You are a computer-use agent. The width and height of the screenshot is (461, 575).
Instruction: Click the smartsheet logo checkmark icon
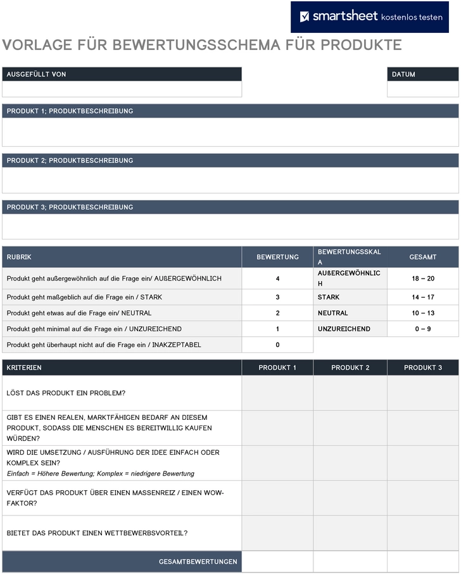[x=305, y=17]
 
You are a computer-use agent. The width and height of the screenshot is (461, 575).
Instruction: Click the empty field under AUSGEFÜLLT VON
[x=122, y=89]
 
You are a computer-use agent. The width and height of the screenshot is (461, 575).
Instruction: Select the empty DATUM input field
[x=422, y=89]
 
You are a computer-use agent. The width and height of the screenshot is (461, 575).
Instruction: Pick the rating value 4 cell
[x=277, y=279]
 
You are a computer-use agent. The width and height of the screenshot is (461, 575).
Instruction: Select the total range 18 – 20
[x=422, y=279]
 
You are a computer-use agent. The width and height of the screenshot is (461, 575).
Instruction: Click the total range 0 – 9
[x=422, y=329]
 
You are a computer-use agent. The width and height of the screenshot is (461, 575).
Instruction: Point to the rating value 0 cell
[x=277, y=345]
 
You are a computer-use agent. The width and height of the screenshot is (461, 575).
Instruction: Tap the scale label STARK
[x=329, y=297]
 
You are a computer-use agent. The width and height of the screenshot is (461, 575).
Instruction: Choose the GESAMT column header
[x=422, y=257]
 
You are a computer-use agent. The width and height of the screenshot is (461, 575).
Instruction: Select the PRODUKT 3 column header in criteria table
[x=422, y=367]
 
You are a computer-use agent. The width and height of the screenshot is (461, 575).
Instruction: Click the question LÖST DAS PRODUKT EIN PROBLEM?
[x=66, y=393]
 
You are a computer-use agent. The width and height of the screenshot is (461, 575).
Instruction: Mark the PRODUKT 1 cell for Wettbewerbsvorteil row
[x=277, y=533]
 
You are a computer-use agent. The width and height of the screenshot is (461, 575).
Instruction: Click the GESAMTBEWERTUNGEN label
[x=198, y=562]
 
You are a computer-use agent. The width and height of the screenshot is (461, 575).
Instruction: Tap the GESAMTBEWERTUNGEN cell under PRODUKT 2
[x=350, y=562]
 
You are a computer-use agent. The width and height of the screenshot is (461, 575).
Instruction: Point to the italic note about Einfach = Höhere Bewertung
[x=101, y=474]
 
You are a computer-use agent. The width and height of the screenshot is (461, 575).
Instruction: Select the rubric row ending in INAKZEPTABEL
[x=122, y=345]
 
